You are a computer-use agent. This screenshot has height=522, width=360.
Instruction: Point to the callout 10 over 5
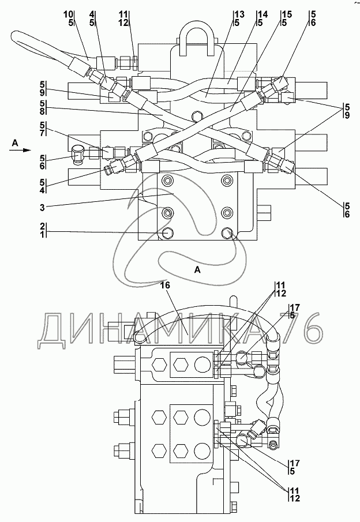tap(69, 18)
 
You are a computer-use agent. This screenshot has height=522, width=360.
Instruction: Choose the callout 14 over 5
tap(261, 18)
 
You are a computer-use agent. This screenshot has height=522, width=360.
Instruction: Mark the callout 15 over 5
tap(286, 18)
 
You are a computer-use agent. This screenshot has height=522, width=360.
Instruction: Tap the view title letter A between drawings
tap(197, 269)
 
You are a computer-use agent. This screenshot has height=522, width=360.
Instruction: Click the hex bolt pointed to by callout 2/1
tap(167, 233)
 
